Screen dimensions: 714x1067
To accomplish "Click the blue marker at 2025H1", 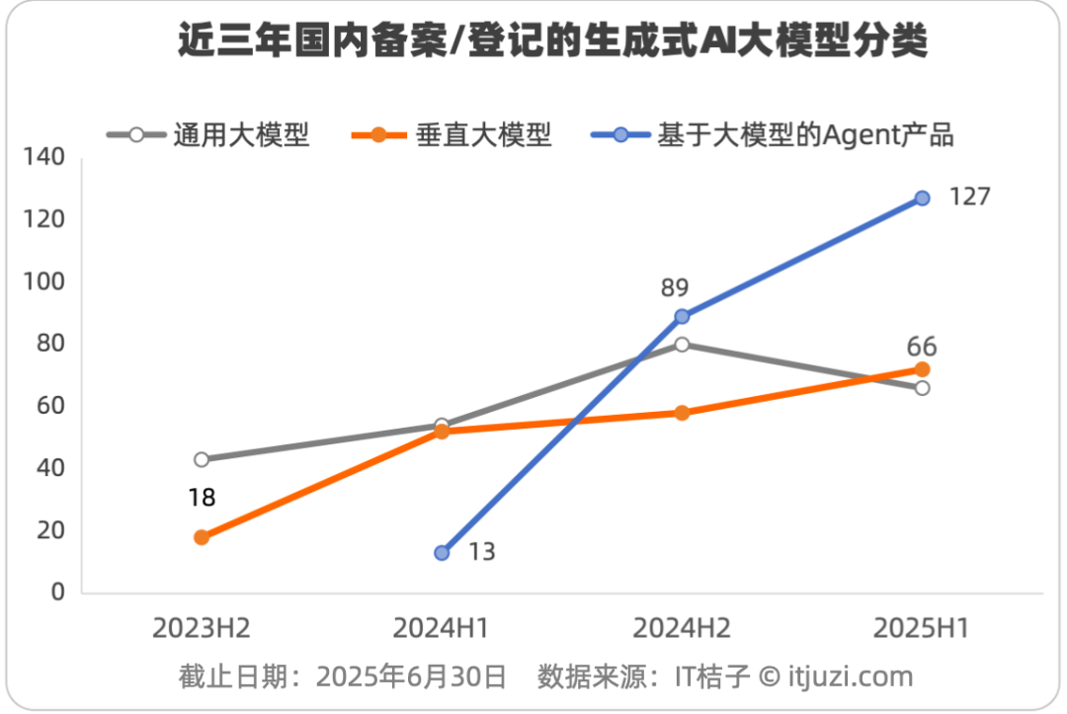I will pos(922,198).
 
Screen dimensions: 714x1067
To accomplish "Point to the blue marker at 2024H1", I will pos(442,553).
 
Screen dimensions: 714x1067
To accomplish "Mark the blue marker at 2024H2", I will pos(682,317).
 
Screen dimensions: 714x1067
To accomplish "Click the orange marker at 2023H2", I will pos(202,537).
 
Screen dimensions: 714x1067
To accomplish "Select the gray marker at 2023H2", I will pos(202,459).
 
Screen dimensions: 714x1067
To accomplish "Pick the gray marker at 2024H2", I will pos(682,345).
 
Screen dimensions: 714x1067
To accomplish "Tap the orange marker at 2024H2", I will pos(682,413).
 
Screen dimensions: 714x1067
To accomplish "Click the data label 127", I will pos(969,197).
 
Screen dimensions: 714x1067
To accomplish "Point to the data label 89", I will pos(675,287).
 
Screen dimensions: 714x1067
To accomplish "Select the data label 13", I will pos(481,552).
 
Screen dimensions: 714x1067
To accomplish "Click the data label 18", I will pos(202,498).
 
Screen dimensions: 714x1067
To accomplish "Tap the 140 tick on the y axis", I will pos(44,157).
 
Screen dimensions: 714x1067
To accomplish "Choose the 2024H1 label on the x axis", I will pos(441,628).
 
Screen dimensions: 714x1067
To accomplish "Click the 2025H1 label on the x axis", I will pos(921,628).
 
